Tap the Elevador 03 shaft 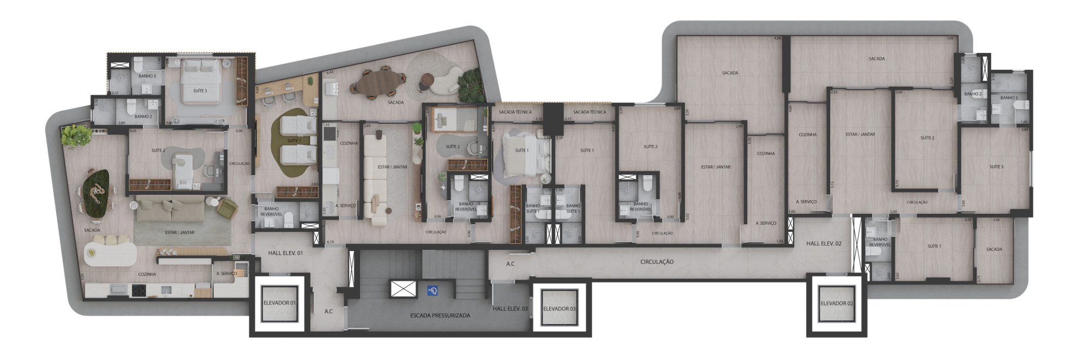[x=559, y=309]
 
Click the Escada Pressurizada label [x=440, y=315]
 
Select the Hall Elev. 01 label [x=285, y=253]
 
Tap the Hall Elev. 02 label [x=824, y=243]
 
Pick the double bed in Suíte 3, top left [x=200, y=81]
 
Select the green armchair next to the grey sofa [x=227, y=207]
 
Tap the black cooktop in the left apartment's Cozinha [x=138, y=291]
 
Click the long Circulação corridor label [x=657, y=262]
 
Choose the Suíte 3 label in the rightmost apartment [x=996, y=166]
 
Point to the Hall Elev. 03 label [x=510, y=309]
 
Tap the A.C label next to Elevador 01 [x=328, y=311]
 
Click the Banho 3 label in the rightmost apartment [x=1009, y=98]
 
